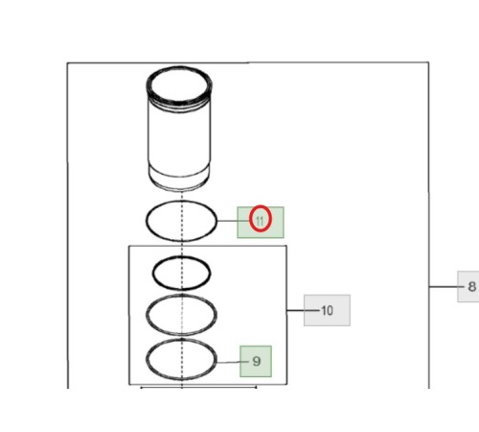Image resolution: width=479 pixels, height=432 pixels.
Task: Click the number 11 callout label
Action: [261, 222]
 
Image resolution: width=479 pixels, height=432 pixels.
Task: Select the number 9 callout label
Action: [256, 361]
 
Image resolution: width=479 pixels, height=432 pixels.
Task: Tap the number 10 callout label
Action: [327, 310]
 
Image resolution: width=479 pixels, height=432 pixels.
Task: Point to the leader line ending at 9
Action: [233, 362]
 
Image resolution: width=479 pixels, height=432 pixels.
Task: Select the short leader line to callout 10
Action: [303, 310]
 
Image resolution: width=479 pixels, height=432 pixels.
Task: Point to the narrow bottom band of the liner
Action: [179, 180]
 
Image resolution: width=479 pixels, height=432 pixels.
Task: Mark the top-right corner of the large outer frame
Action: [428, 62]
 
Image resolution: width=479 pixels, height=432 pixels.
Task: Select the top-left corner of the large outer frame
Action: [67, 63]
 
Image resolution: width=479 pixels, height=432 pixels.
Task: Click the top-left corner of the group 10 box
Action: [129, 246]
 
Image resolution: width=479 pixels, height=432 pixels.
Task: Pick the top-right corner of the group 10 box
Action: [286, 246]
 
